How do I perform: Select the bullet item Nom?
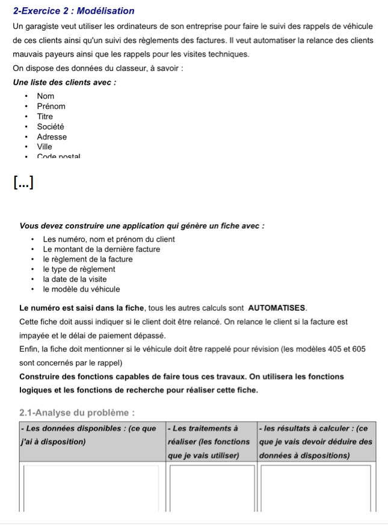(x=46, y=96)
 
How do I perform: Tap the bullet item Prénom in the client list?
(x=51, y=106)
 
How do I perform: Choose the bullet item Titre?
(x=45, y=117)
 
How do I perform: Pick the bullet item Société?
(x=51, y=127)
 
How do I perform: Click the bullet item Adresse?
(x=52, y=137)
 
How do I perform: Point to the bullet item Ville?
(x=45, y=147)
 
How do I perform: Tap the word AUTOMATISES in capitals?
(x=277, y=308)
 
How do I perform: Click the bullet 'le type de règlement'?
(x=79, y=269)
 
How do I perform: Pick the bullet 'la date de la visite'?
(x=75, y=279)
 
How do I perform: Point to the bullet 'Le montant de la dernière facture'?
(x=102, y=249)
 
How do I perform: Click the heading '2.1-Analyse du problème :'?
(x=76, y=413)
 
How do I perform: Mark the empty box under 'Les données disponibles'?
(x=91, y=487)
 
